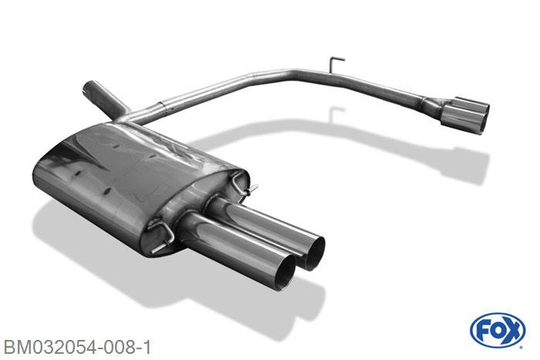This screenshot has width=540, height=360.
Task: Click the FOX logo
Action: tap(498, 330)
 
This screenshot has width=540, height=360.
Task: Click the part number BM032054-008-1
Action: tap(77, 347)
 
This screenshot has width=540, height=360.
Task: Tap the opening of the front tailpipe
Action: tap(283, 273)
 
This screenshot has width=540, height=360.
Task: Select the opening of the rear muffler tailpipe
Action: tap(312, 253)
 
